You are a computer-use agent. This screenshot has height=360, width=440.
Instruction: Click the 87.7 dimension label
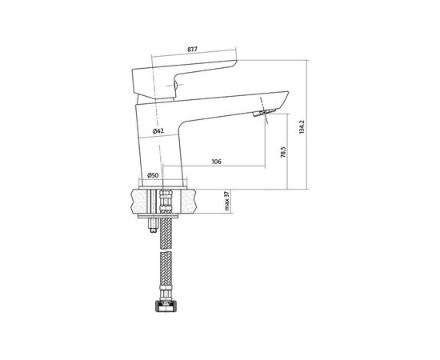tap(192, 49)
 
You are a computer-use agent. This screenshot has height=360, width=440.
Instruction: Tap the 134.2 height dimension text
tap(302, 126)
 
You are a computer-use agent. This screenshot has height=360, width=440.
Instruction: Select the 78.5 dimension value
tap(283, 152)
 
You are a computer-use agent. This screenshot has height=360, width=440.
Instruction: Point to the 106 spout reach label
tap(216, 162)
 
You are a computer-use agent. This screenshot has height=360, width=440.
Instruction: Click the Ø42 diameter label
tap(158, 130)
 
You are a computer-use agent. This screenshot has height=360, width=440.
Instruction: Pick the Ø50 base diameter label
tap(153, 175)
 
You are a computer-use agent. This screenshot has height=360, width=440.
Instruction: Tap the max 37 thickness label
tap(227, 201)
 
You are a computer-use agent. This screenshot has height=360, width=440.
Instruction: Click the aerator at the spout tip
tap(264, 113)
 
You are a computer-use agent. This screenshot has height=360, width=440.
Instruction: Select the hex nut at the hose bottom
tap(166, 306)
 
